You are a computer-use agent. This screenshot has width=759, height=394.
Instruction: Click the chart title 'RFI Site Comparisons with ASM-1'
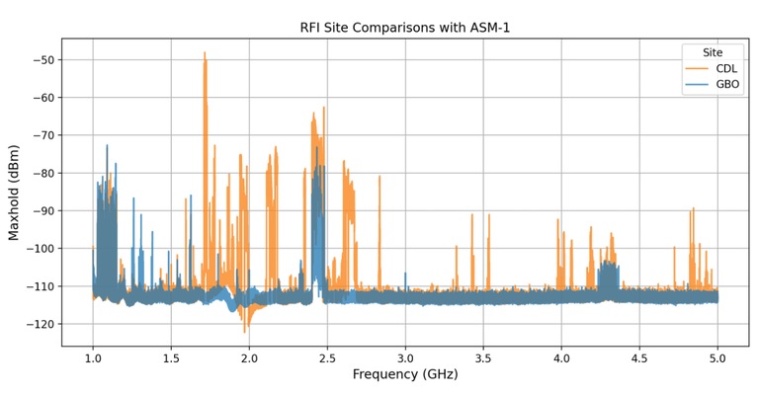point(405,28)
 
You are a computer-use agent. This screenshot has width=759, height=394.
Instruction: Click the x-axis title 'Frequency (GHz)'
point(405,374)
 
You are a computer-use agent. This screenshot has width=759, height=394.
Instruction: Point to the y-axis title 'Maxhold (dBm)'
point(14,192)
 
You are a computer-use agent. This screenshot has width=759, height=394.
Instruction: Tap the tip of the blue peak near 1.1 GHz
point(107,146)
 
